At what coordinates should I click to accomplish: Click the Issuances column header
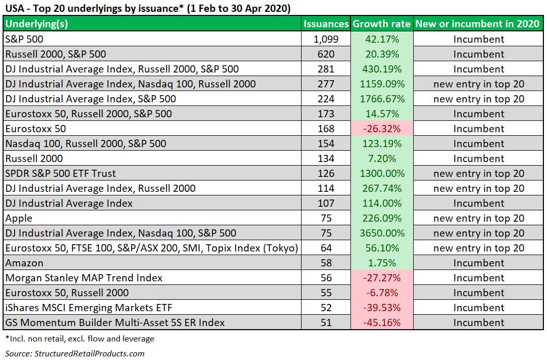click(x=326, y=24)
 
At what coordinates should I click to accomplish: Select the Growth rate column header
click(x=382, y=24)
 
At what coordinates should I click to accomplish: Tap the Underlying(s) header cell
click(x=37, y=24)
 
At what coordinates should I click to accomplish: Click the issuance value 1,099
click(x=326, y=39)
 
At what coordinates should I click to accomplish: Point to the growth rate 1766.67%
click(x=382, y=99)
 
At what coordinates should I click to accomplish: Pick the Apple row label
click(x=19, y=219)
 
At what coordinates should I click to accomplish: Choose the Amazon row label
click(x=24, y=263)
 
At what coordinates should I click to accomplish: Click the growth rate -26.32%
click(x=382, y=129)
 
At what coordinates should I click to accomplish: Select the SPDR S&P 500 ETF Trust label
click(x=61, y=173)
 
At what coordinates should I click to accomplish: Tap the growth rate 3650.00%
click(x=382, y=233)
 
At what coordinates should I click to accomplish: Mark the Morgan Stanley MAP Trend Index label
click(x=84, y=278)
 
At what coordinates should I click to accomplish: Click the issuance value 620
click(x=326, y=54)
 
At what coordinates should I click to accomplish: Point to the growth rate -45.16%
click(x=382, y=322)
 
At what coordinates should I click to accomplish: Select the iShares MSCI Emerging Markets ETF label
click(x=89, y=308)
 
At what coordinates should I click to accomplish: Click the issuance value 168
click(x=326, y=129)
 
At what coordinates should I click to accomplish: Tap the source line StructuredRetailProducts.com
click(x=75, y=353)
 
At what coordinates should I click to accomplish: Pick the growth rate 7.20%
click(x=382, y=158)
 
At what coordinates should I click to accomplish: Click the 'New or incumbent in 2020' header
click(x=478, y=24)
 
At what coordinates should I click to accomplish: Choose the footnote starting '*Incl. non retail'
click(x=80, y=339)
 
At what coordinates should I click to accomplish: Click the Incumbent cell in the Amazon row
click(x=479, y=263)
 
